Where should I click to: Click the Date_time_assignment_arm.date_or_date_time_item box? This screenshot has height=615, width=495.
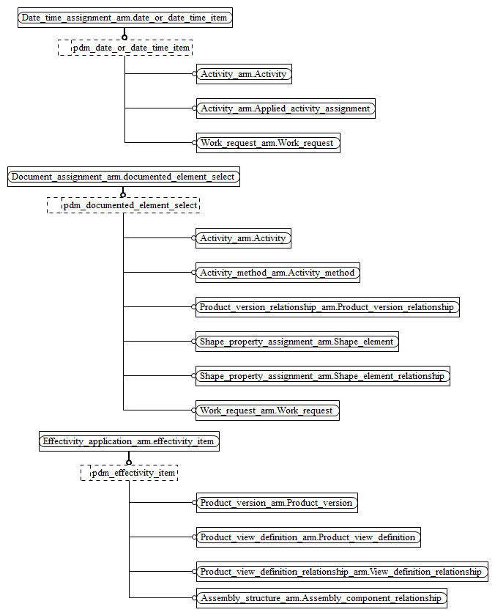click(x=124, y=18)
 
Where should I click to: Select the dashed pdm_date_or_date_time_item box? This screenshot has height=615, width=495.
click(x=125, y=48)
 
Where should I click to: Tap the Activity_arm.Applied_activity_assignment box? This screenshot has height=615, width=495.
click(x=286, y=108)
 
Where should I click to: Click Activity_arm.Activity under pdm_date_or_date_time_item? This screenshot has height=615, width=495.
click(x=244, y=74)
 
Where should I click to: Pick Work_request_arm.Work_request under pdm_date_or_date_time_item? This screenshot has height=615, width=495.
click(x=268, y=143)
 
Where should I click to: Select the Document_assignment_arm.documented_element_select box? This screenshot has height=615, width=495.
click(x=123, y=177)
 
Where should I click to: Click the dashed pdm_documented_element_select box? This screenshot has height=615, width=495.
click(x=124, y=205)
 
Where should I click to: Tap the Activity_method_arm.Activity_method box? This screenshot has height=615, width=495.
click(x=278, y=273)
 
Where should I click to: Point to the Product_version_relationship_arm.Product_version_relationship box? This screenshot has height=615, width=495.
click(x=327, y=307)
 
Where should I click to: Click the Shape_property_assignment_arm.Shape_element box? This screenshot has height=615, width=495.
click(x=297, y=342)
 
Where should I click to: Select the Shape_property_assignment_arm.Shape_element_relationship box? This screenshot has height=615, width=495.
click(x=322, y=376)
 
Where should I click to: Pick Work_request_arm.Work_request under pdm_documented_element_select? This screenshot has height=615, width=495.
click(x=267, y=410)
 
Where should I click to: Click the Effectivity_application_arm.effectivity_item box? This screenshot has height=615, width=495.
click(x=129, y=441)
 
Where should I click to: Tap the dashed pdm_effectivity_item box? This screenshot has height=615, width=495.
click(x=129, y=473)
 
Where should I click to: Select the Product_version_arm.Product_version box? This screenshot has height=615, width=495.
click(x=277, y=503)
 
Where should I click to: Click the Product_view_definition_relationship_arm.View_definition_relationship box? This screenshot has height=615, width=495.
click(x=341, y=572)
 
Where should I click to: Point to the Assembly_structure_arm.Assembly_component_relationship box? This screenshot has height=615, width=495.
click(x=321, y=598)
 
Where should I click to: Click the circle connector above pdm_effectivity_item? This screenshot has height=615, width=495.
click(x=129, y=463)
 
